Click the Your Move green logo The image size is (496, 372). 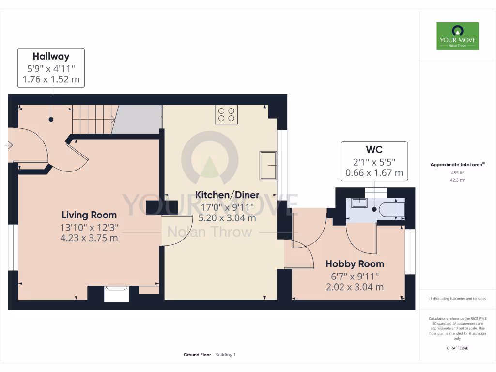point(457,36)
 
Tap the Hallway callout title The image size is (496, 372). point(51,57)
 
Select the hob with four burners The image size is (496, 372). point(226,114)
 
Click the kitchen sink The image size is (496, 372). point(268,165)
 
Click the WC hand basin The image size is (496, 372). point(359,202)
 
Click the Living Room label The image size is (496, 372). point(89,215)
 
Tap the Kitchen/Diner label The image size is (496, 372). point(227,195)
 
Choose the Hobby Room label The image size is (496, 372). point(355,264)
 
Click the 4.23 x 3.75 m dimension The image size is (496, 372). point(89,238)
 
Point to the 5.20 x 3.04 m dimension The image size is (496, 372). point(227,218)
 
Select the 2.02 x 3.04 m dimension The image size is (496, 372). point(355,287)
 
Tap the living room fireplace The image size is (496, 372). point(117,294)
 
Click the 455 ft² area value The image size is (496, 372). point(457,172)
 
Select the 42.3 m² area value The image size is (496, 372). point(457,180)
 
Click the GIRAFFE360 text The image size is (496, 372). point(457,348)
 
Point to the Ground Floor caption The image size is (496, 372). point(197,355)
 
